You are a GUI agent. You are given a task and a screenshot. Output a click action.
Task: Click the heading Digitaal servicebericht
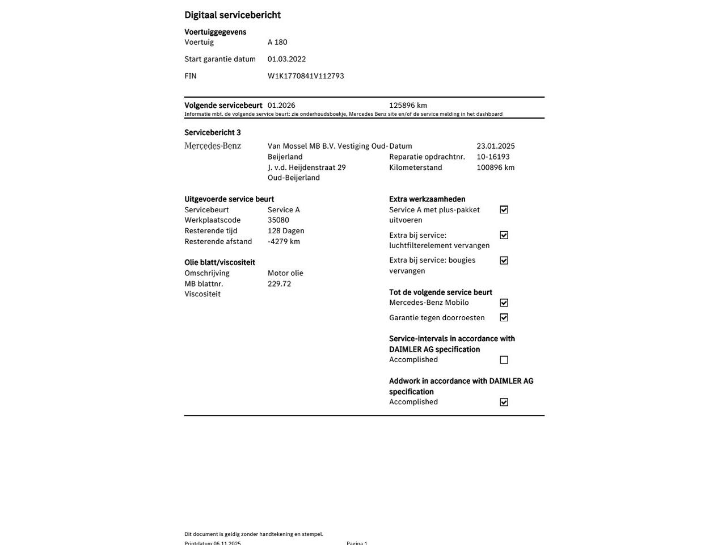click(x=233, y=15)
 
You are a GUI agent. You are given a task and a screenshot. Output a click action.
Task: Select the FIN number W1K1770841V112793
click(x=306, y=76)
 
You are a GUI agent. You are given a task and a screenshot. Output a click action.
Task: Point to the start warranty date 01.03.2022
click(x=286, y=59)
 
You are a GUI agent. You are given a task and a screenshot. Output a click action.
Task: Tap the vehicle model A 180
click(x=277, y=43)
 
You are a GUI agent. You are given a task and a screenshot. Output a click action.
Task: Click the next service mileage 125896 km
click(x=408, y=106)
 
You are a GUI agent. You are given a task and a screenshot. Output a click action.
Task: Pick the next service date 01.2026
click(x=281, y=106)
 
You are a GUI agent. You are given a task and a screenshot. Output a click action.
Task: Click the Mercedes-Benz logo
click(x=213, y=146)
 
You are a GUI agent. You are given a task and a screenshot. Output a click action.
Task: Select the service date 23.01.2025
click(x=496, y=146)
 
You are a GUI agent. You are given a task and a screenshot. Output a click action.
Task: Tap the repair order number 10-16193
click(x=493, y=157)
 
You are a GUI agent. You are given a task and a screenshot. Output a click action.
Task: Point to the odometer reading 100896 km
click(x=495, y=167)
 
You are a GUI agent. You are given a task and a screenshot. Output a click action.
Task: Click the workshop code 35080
click(x=278, y=220)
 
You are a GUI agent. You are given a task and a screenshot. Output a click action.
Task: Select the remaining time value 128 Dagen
click(x=286, y=231)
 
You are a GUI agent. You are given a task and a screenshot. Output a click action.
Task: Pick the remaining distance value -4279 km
click(x=284, y=242)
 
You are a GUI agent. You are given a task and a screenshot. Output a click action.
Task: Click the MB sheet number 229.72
click(x=279, y=284)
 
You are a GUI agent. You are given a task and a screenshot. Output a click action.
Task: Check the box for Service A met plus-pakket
click(x=504, y=210)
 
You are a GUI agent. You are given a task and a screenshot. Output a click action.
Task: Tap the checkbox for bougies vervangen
click(x=504, y=261)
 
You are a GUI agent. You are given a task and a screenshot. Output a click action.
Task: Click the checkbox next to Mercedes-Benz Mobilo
click(x=504, y=303)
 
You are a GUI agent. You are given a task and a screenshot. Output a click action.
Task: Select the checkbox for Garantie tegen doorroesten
click(x=504, y=318)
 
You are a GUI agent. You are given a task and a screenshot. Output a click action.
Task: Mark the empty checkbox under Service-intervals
click(x=504, y=360)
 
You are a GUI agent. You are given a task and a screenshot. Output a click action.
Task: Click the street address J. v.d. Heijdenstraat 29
click(x=307, y=167)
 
